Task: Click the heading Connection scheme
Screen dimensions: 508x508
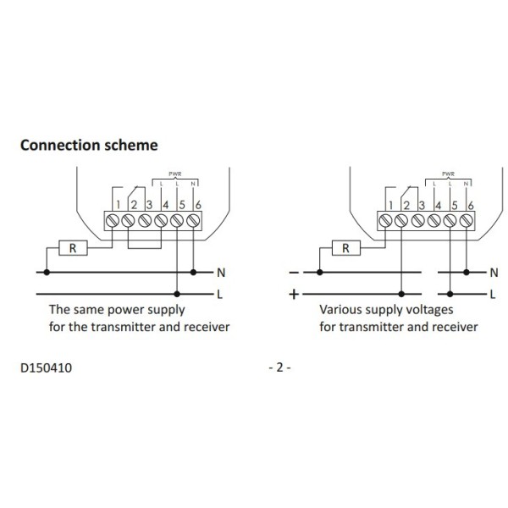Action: coord(88,145)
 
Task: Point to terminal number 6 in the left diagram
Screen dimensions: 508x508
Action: coord(196,206)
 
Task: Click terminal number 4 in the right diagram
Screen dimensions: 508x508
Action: coord(437,206)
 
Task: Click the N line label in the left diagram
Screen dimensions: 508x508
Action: coord(220,273)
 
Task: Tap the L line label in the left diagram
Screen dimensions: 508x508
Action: coord(220,294)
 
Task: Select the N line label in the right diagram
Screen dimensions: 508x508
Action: coord(492,273)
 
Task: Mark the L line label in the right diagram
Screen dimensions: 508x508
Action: coord(492,294)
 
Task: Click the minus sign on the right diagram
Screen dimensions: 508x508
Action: coord(294,273)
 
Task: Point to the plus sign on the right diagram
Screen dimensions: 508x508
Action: coord(294,294)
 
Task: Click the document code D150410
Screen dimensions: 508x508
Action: coord(46,368)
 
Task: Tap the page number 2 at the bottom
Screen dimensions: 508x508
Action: coord(279,368)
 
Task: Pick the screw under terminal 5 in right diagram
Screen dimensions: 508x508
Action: coord(452,221)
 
